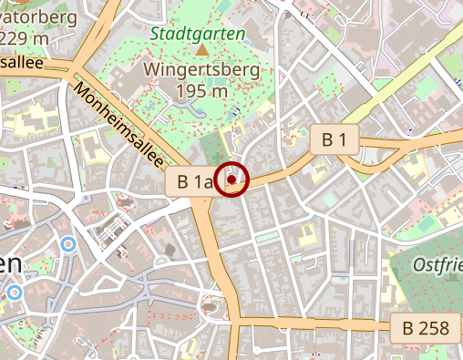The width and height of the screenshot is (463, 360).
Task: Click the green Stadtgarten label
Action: coord(198,34)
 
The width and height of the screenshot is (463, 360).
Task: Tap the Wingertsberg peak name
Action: coord(201,69)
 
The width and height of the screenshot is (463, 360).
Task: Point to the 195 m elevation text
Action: coord(201,91)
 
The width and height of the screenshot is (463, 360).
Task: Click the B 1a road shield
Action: coord(195,181)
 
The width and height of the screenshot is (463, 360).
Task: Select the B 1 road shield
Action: coord(334,140)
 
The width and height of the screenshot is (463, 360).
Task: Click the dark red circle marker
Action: coord(232,180)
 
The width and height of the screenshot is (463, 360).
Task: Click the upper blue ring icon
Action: coord(68,244)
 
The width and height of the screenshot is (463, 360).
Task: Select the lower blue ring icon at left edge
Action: coord(13,293)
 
